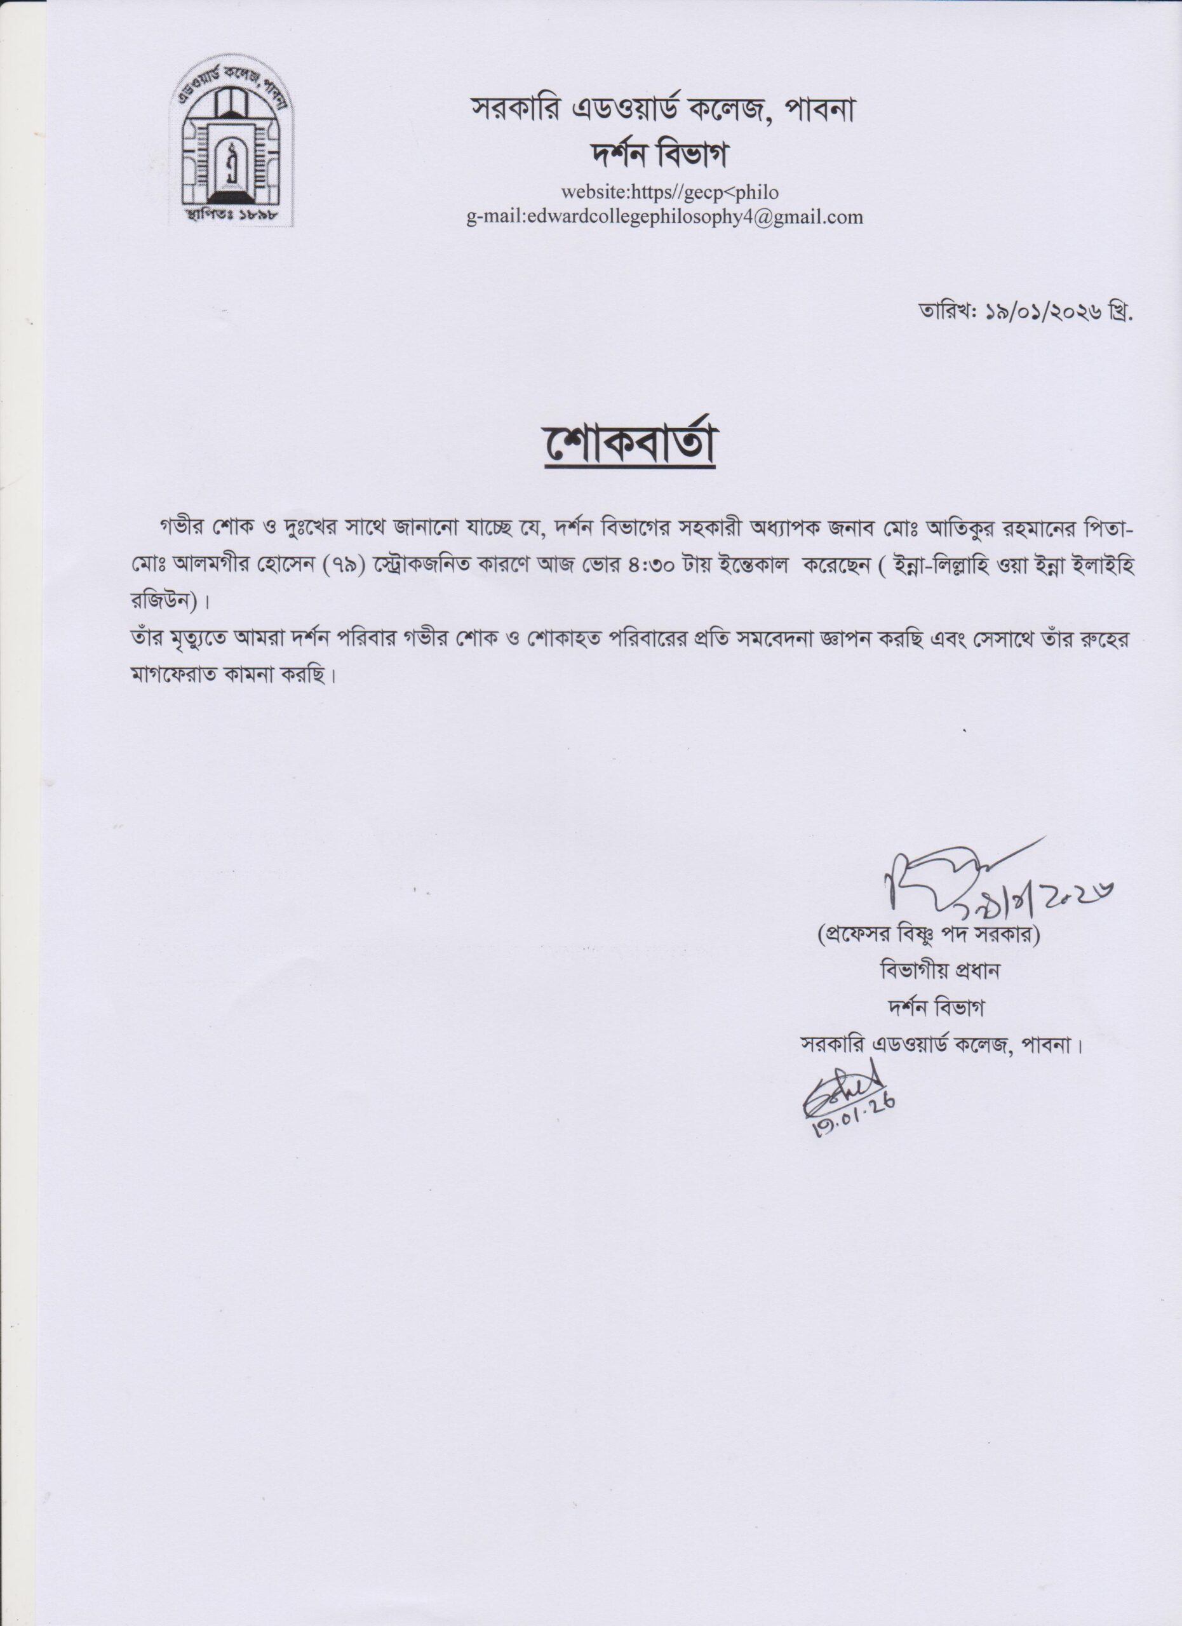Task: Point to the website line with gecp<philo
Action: pos(669,192)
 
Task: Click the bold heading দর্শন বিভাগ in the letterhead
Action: pos(658,154)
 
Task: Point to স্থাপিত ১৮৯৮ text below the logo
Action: pos(230,213)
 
